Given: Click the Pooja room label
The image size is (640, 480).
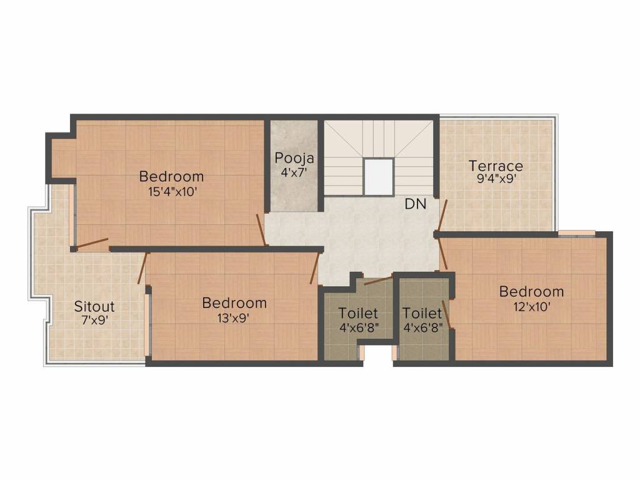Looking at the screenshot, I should click(x=294, y=158).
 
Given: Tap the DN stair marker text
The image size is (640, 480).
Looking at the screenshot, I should click(x=416, y=204).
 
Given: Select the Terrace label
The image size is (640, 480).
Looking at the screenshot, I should click(x=496, y=166).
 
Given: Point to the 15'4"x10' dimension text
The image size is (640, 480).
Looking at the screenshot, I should click(x=171, y=191).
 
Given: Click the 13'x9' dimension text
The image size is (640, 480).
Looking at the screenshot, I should click(x=234, y=317).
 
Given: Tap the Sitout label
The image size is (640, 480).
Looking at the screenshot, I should click(x=94, y=307).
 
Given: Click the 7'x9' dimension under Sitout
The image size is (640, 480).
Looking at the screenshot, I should click(x=94, y=321).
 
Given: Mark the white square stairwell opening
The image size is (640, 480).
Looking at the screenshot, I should click(x=378, y=177).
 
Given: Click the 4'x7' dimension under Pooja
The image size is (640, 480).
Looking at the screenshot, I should click(x=294, y=172).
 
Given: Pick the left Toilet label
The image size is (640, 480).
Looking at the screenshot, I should click(x=358, y=313).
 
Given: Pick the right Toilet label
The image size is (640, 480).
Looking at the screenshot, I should click(x=422, y=313).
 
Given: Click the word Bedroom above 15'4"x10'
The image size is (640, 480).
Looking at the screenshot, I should click(x=171, y=176).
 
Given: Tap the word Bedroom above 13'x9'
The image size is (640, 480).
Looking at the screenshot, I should click(x=234, y=303).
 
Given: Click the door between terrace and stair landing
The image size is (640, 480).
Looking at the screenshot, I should click(x=442, y=216).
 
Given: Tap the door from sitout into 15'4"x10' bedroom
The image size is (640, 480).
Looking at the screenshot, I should click(x=92, y=242).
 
